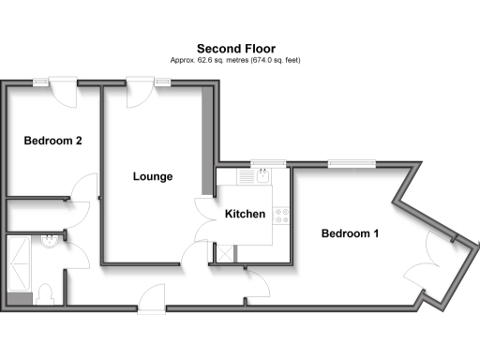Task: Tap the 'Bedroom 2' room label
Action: coord(52,142)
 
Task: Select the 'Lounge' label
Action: coord(152,176)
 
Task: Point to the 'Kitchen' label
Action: coord(245,215)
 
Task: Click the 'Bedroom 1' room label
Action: coord(350,233)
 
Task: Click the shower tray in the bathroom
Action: coord(19,265)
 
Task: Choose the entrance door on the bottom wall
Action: coord(151,303)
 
